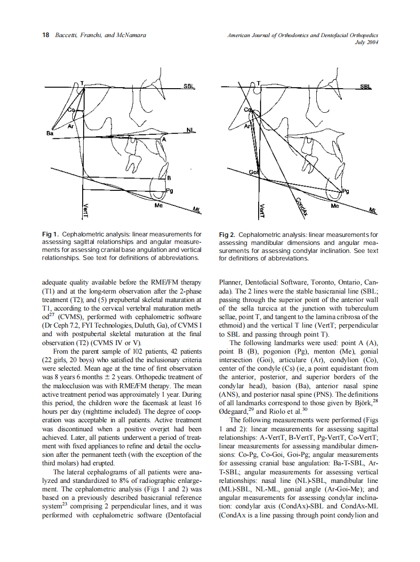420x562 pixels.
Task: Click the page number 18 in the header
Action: click(x=45, y=35)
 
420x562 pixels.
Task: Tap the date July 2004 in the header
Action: click(x=366, y=43)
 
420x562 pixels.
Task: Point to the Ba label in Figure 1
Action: click(x=50, y=134)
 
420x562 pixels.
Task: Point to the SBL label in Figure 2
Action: click(x=366, y=87)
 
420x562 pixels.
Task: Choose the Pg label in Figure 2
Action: click(x=346, y=191)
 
